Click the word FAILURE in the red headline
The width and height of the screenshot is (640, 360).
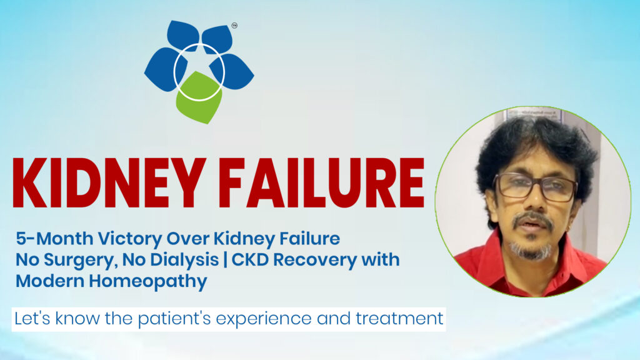(x=324, y=184)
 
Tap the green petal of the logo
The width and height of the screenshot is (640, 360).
(x=199, y=97)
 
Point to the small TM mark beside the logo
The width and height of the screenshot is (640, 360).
(x=234, y=26)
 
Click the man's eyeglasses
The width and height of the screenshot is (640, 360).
(x=534, y=187)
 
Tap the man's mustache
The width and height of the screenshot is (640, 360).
(x=532, y=219)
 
